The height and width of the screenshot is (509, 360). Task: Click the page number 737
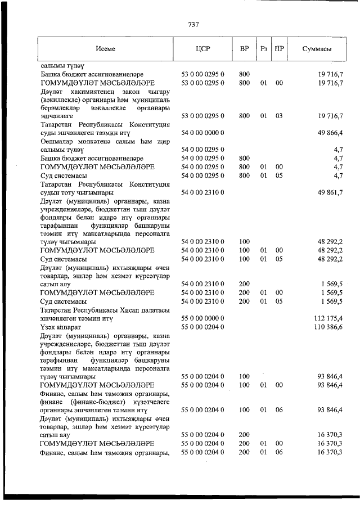click(x=193, y=24)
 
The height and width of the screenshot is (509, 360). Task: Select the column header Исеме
click(x=105, y=49)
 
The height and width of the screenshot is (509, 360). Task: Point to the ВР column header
click(x=244, y=49)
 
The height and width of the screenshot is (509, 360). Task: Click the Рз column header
click(x=263, y=49)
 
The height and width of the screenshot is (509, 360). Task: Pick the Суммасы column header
click(x=316, y=49)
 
